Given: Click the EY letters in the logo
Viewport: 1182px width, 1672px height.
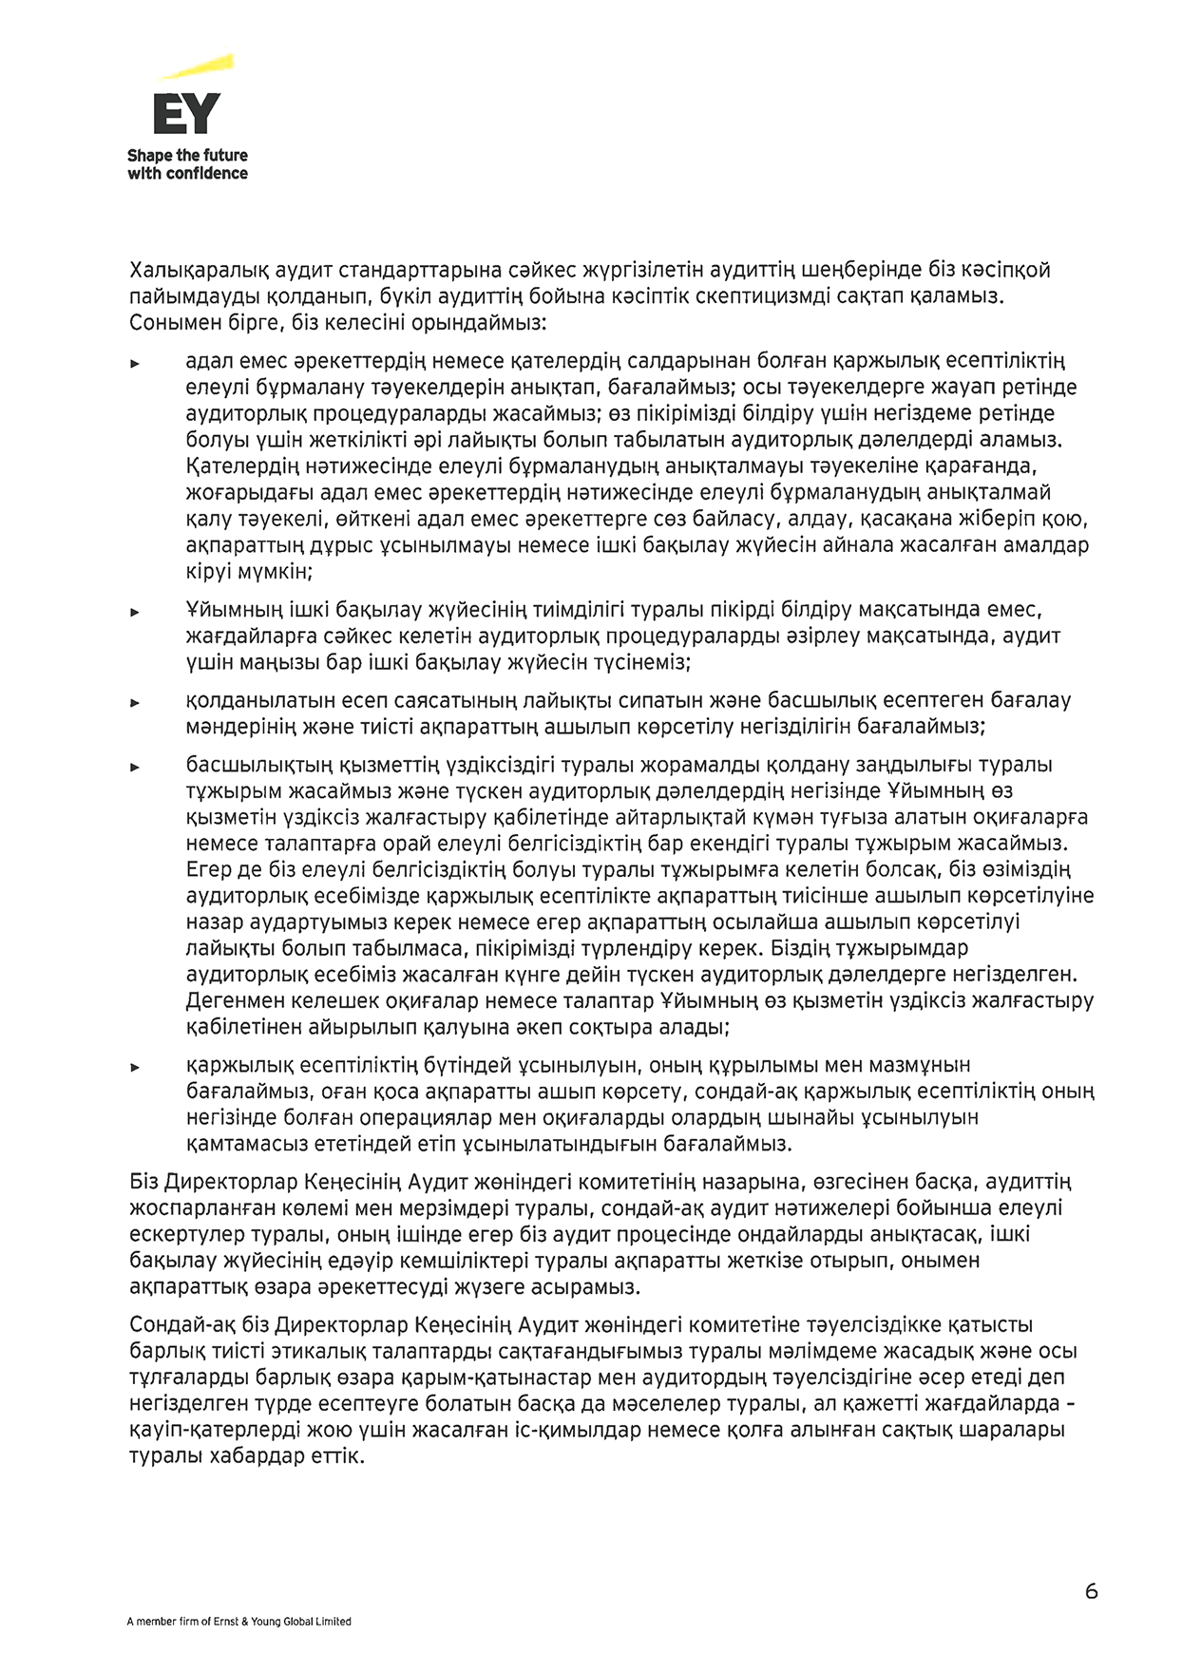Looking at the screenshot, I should coord(186,113).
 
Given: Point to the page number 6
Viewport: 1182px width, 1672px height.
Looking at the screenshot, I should coord(1091,1591).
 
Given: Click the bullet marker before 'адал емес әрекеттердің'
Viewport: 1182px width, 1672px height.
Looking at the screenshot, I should coord(135,364).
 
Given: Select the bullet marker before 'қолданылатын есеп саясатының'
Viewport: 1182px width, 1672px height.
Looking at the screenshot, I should coord(135,703).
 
